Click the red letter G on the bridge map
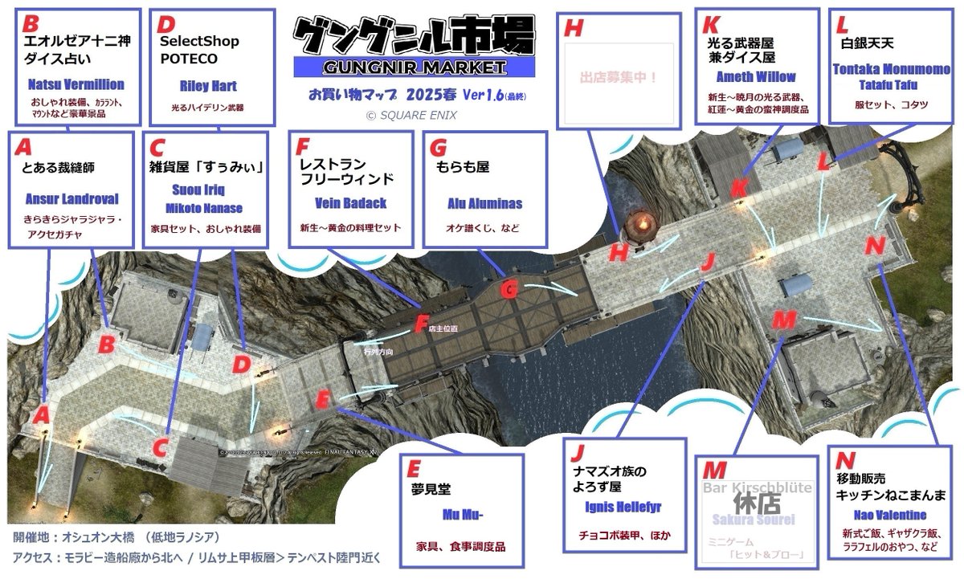tap(509, 290)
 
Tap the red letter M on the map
tap(782, 320)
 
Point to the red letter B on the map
tap(106, 344)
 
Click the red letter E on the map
tap(323, 397)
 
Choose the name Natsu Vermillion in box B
tap(76, 84)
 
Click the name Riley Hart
tap(207, 86)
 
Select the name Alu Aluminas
tap(484, 204)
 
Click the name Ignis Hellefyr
tap(623, 508)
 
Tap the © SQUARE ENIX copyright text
tap(411, 116)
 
